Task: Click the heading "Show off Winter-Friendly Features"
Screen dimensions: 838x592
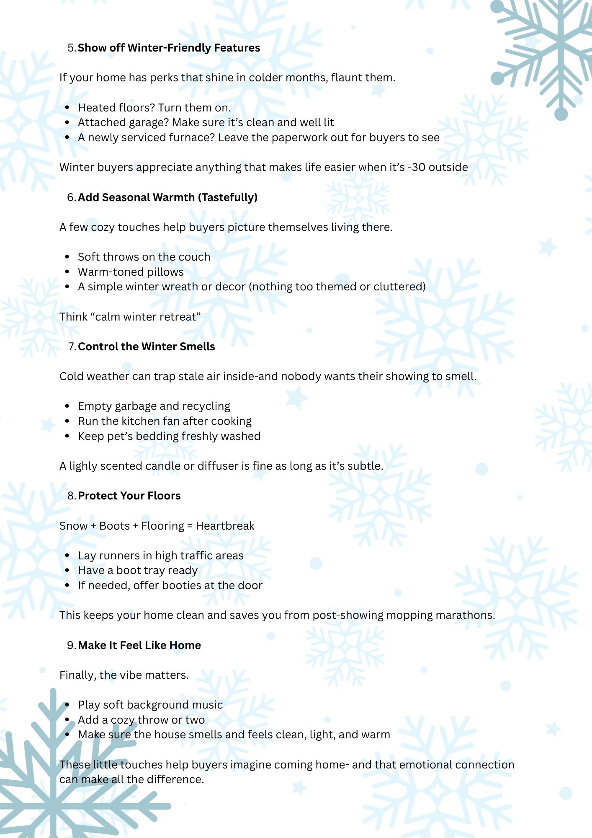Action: coord(169,48)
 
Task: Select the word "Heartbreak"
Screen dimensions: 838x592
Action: coord(225,526)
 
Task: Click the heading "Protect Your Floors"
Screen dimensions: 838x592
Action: coord(129,496)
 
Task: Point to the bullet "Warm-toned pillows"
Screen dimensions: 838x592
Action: coord(131,272)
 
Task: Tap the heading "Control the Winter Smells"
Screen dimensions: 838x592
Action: coord(146,347)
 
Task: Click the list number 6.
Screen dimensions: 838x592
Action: coord(71,197)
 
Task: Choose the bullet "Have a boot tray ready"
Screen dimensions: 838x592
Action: coord(137,570)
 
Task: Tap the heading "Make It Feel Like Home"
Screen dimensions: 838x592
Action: coord(139,645)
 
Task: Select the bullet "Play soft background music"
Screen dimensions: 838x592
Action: coord(150,705)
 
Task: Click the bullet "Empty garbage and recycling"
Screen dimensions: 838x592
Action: coord(154,406)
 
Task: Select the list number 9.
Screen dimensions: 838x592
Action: coord(71,645)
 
